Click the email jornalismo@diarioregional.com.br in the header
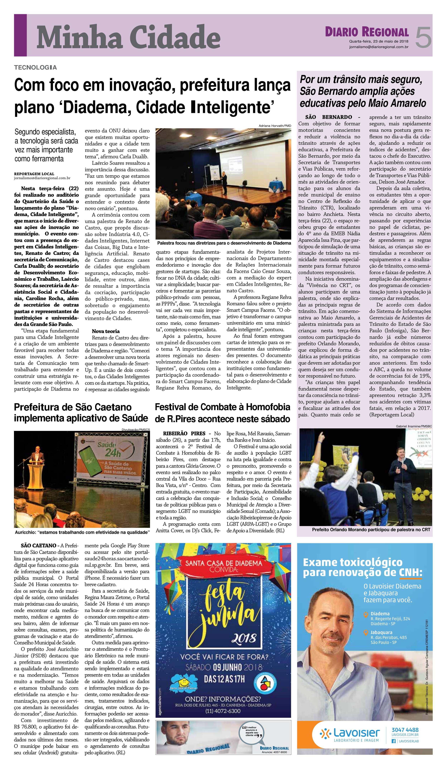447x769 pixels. [379, 47]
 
